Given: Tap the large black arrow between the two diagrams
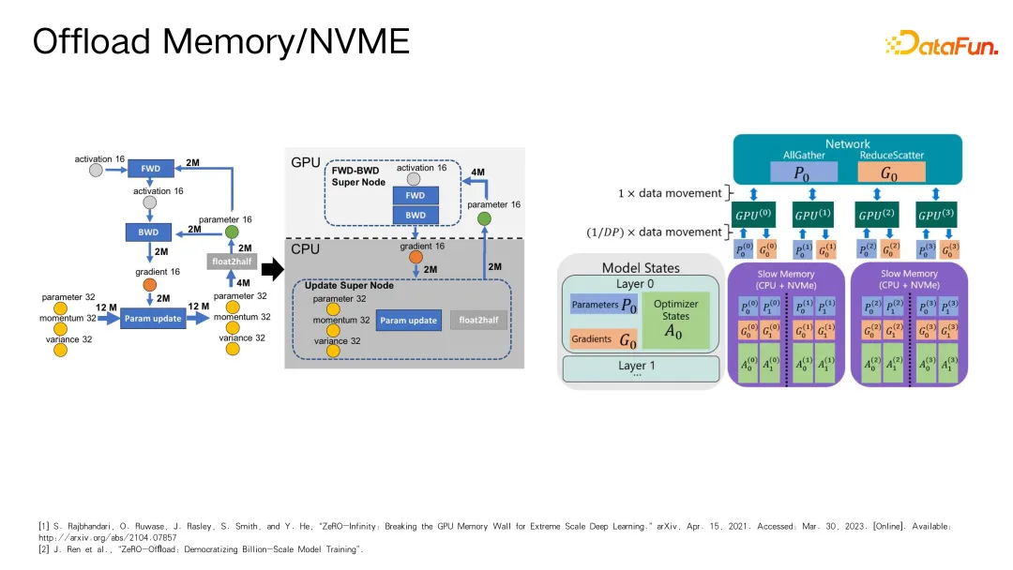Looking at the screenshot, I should pos(271,271).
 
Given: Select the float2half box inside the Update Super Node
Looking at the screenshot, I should pos(478,320).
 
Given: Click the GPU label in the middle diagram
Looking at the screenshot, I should pos(306,162).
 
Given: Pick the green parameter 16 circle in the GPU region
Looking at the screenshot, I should pos(483,218).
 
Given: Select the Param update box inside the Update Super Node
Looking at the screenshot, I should pos(408,320).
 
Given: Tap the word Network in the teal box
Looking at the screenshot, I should pos(847,143).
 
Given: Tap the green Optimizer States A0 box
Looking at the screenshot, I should pos(674,319).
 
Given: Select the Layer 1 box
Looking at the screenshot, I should pos(639,367).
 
